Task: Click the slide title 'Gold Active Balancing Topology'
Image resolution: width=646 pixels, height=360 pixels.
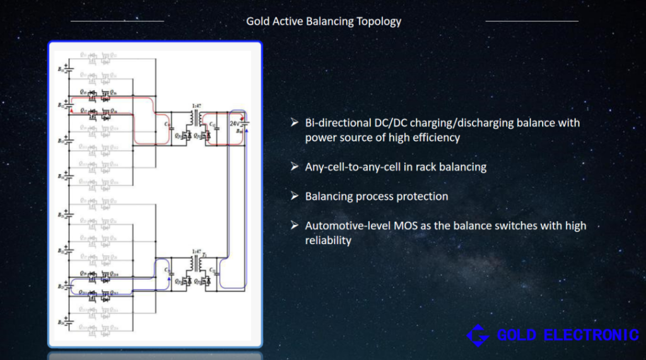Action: click(x=324, y=21)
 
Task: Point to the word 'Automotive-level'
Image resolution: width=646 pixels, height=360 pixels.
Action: click(x=345, y=226)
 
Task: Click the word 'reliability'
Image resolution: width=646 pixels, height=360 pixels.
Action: click(x=328, y=240)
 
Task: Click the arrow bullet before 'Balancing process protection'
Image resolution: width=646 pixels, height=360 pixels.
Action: click(x=294, y=196)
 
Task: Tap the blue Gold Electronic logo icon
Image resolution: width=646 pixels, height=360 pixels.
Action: click(x=478, y=335)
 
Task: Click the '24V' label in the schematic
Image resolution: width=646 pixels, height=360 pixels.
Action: click(x=234, y=124)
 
